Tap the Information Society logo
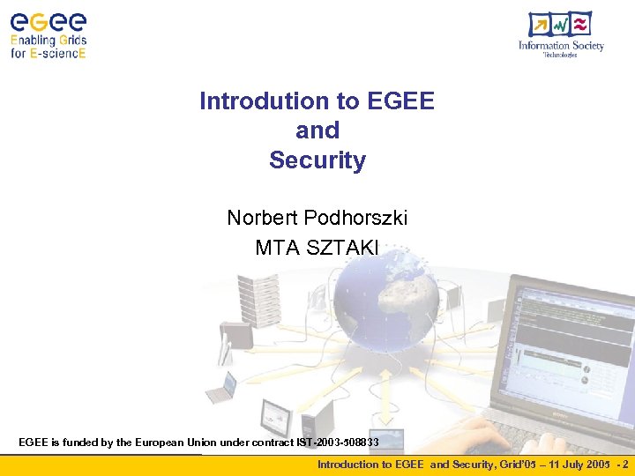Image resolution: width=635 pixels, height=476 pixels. [x=561, y=35]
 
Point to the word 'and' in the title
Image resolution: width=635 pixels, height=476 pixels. [x=317, y=130]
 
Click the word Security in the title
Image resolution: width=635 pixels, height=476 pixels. [x=317, y=160]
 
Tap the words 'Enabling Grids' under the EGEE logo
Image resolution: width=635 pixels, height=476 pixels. [x=49, y=41]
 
